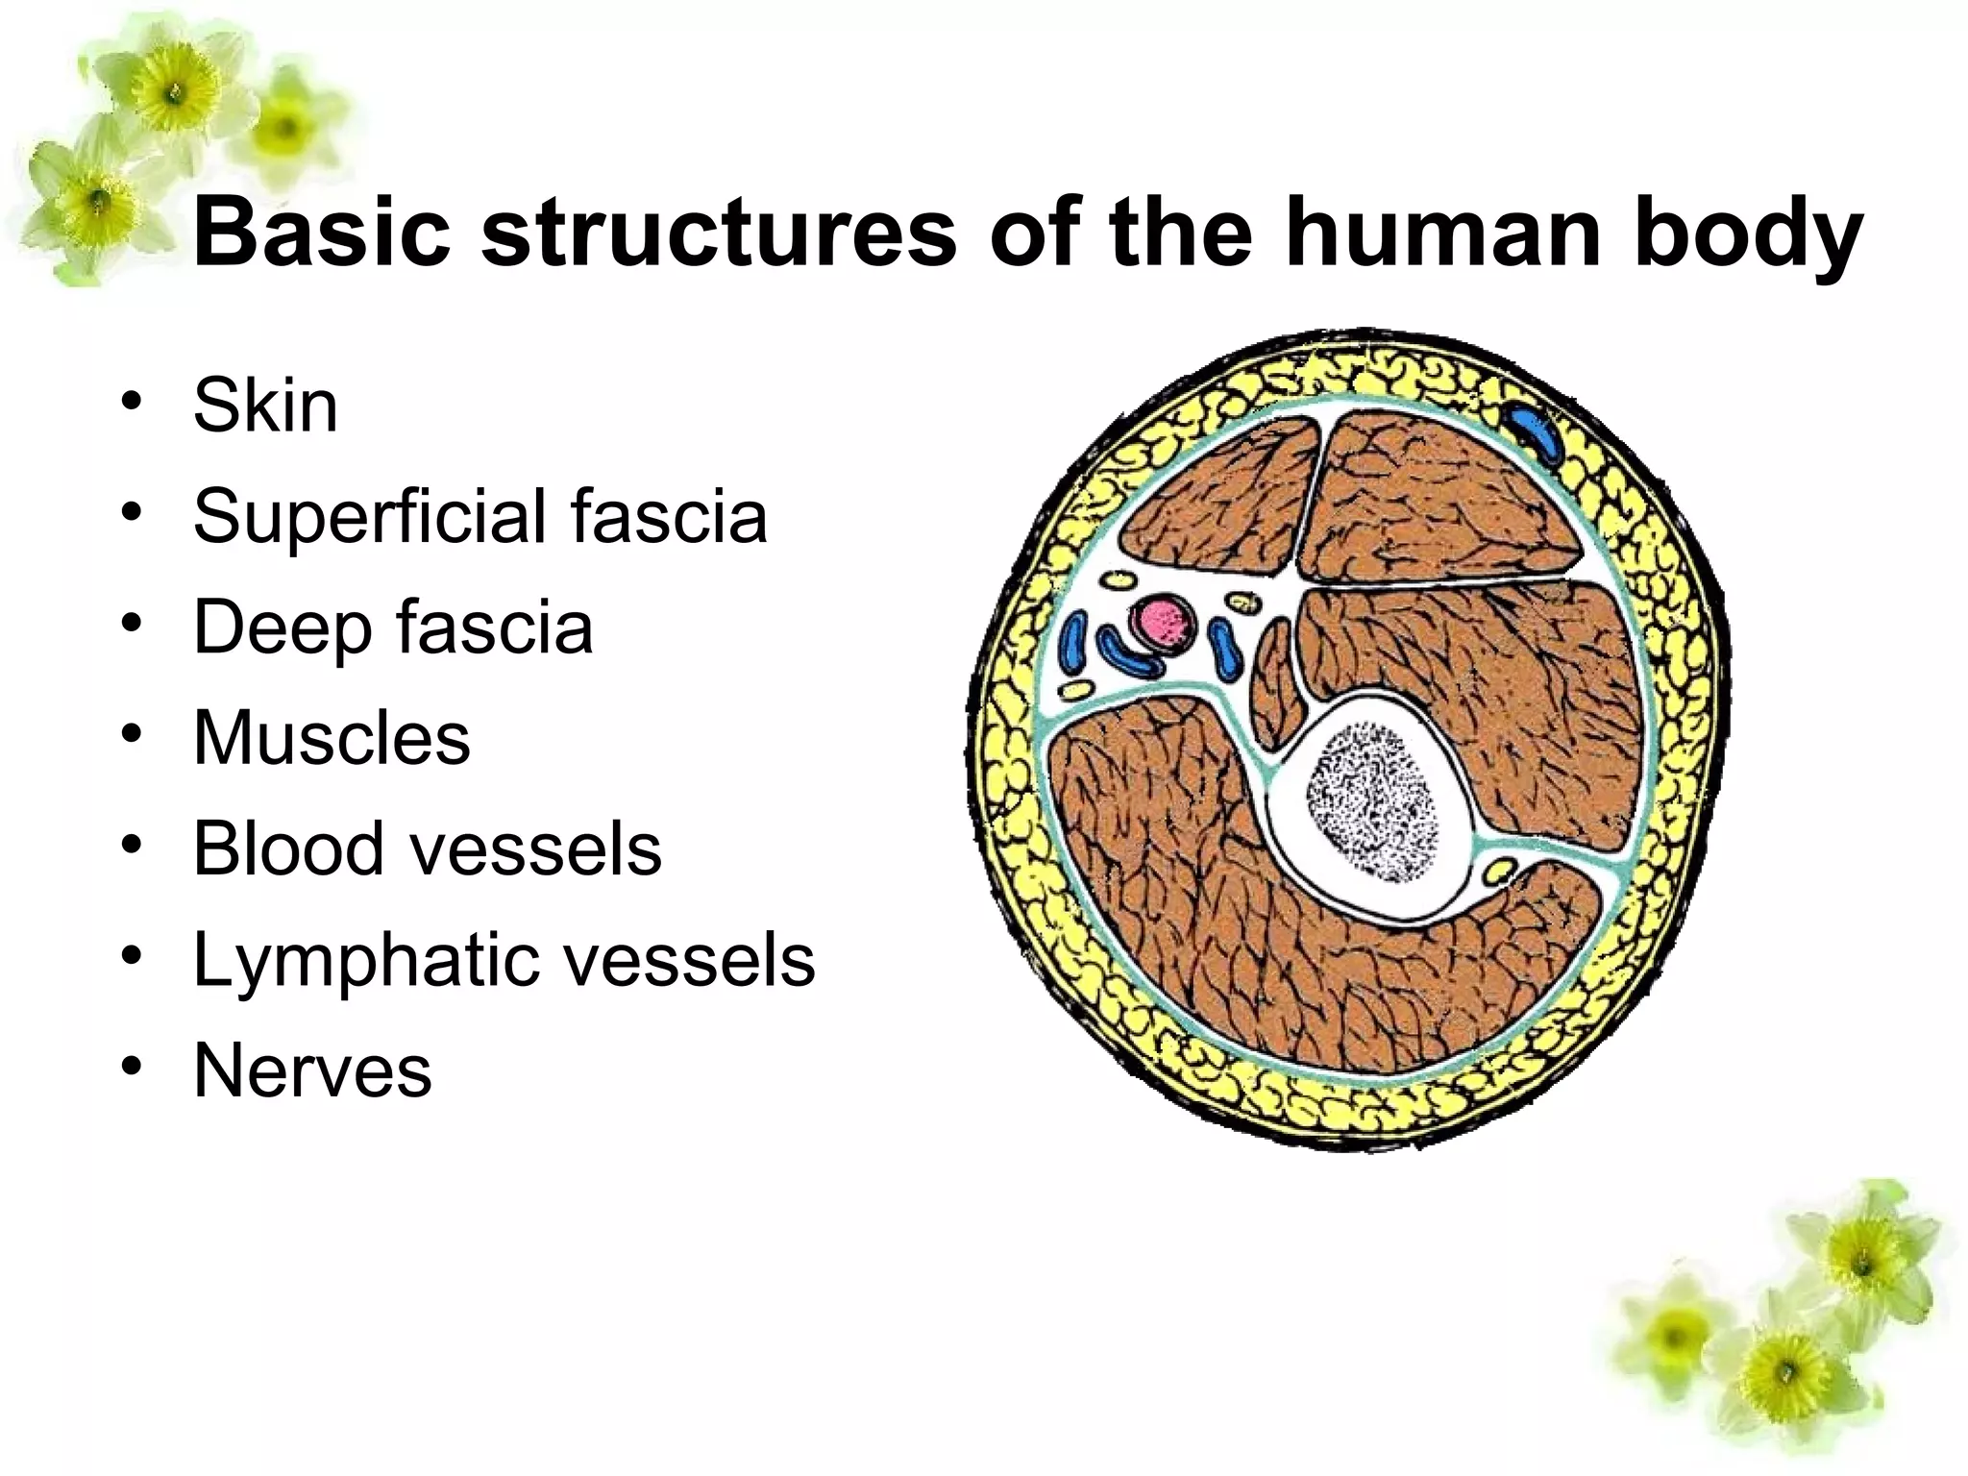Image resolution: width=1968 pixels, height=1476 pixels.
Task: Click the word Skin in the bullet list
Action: [x=265, y=406]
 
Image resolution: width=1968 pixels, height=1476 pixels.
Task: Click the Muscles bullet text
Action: [x=332, y=738]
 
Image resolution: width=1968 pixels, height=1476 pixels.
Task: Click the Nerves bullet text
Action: [x=312, y=1070]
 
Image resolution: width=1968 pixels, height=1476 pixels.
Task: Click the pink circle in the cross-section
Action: [x=1162, y=622]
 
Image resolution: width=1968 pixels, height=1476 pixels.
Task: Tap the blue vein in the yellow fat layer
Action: [x=1535, y=434]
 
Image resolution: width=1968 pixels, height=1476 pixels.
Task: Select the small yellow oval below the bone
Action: [x=1498, y=873]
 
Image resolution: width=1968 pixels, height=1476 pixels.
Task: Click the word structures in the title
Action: [x=719, y=234]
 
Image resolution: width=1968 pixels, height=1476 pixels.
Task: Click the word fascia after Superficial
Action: [x=669, y=517]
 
